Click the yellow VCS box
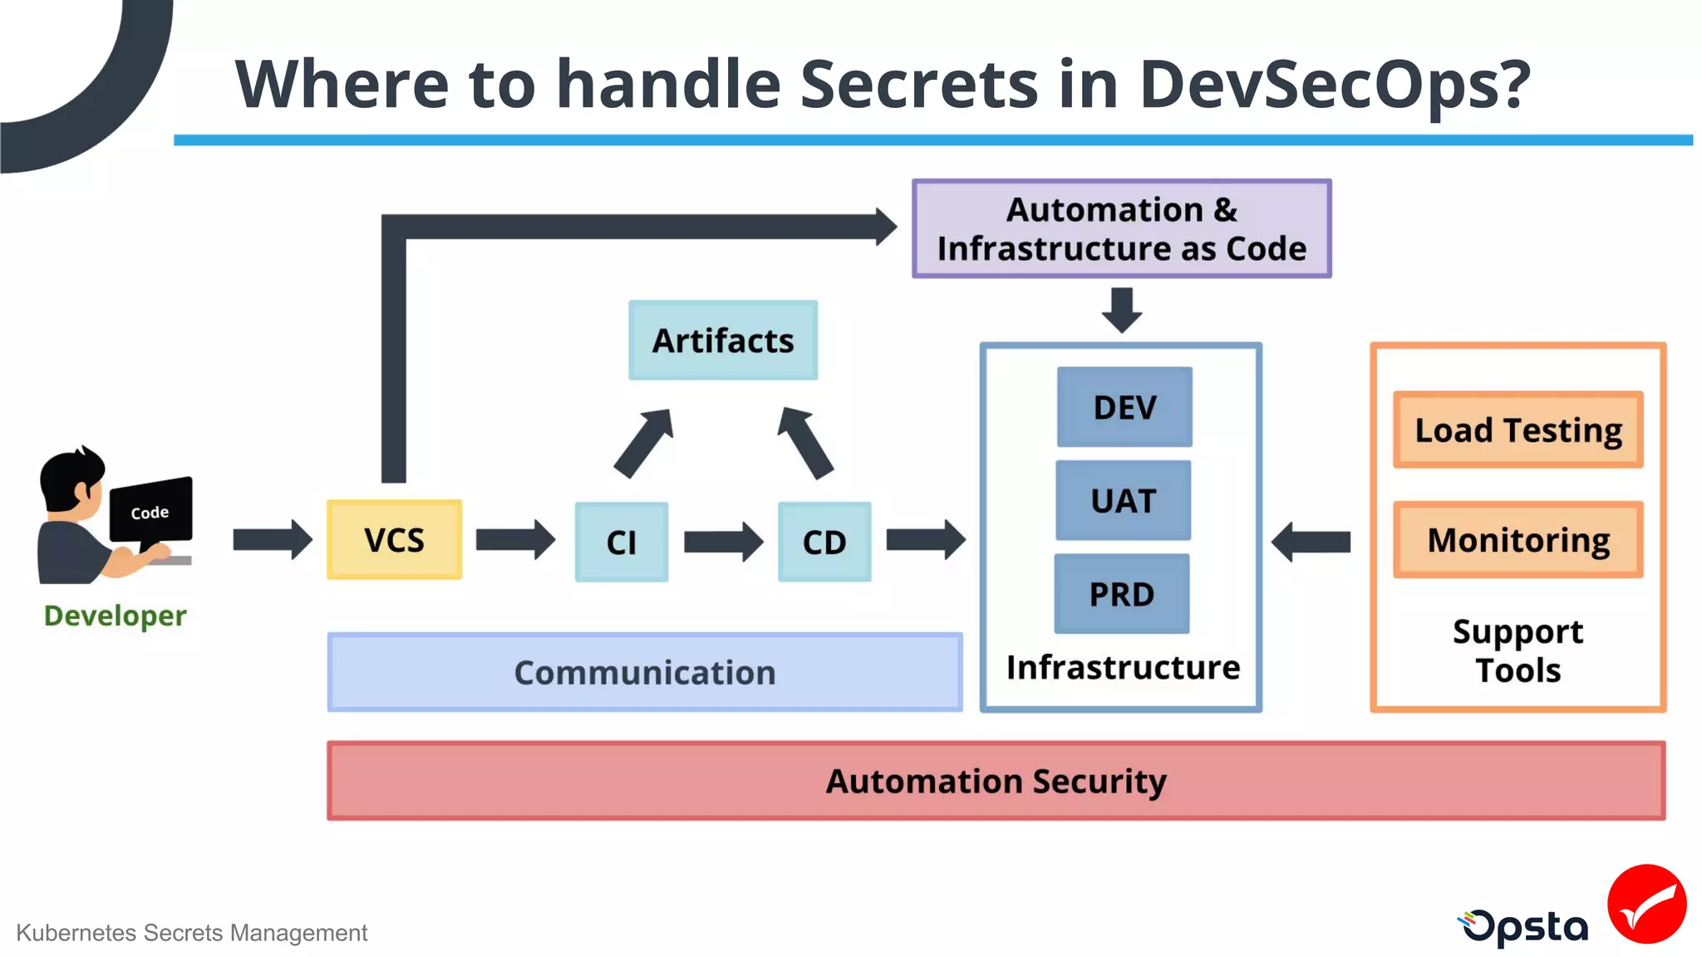[x=394, y=540]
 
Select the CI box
[x=621, y=542]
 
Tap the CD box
[x=824, y=542]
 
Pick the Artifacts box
[x=723, y=341]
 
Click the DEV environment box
[x=1124, y=407]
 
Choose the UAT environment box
[x=1123, y=501]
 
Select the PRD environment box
[x=1122, y=594]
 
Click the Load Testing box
[x=1518, y=430]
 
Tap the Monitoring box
[x=1518, y=540]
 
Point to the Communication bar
[x=645, y=672]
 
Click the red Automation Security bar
[x=996, y=781]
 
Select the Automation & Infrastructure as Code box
[x=1121, y=228]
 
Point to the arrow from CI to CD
[x=722, y=542]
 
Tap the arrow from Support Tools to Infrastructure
[x=1311, y=542]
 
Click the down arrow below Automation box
[x=1122, y=310]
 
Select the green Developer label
[x=115, y=616]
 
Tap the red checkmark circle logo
[x=1646, y=904]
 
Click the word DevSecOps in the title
[x=1334, y=85]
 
